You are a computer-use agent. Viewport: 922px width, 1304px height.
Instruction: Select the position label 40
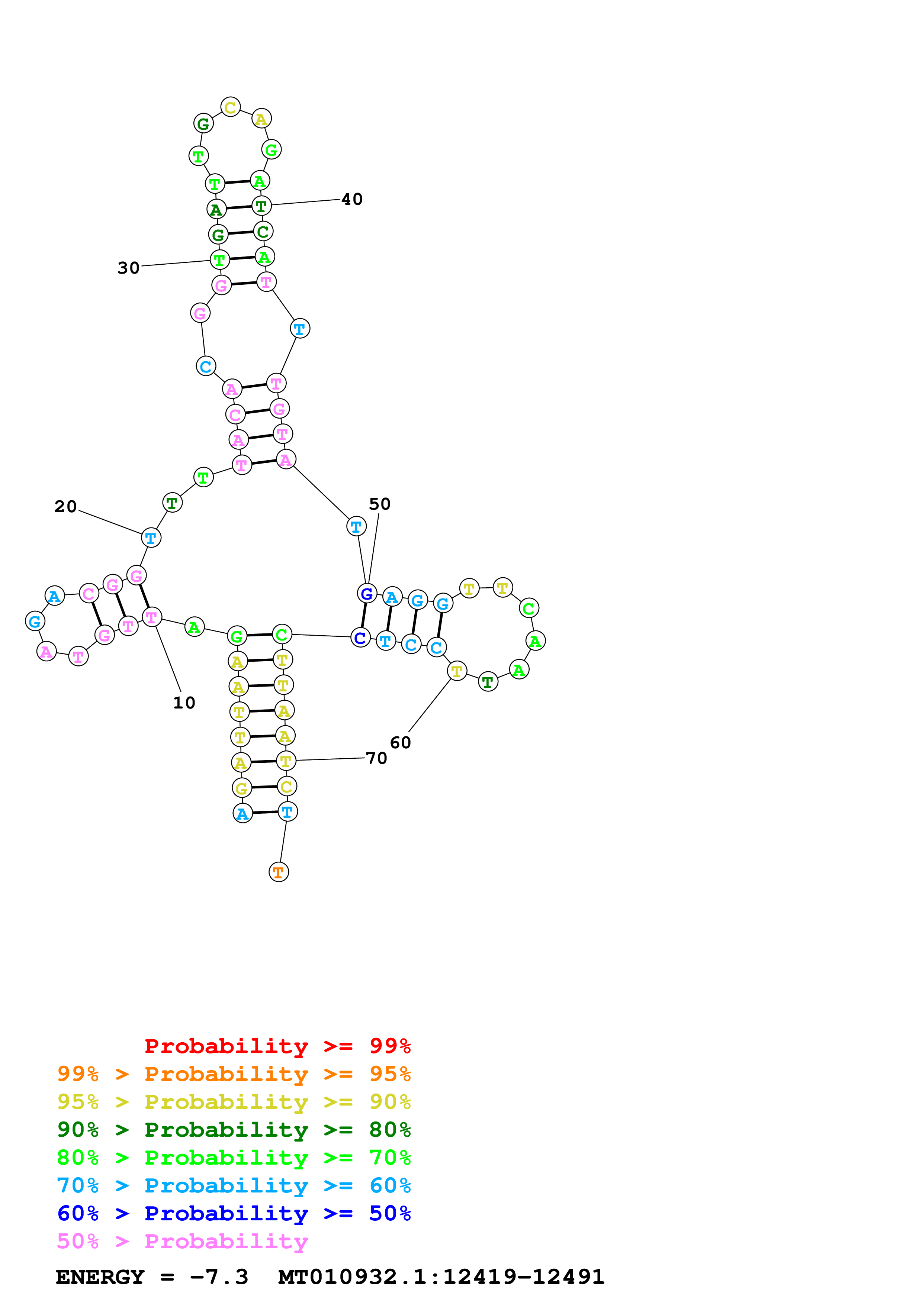point(351,199)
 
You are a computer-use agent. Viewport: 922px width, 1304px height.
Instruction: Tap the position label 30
point(128,268)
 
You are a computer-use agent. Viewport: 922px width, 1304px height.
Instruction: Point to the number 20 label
point(65,507)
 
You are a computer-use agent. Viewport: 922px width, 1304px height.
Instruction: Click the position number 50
point(379,504)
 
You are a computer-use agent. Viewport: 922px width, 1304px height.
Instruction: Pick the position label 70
point(376,758)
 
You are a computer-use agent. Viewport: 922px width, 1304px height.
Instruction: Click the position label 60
point(400,743)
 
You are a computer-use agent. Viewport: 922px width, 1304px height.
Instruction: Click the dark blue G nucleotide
point(367,594)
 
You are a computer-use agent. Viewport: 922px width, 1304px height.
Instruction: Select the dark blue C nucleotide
point(360,638)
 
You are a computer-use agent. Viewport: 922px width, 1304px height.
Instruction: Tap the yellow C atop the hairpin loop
point(230,107)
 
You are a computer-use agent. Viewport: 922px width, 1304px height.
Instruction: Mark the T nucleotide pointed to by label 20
point(151,537)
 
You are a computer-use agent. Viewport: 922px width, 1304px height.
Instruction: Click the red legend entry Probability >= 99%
point(277,1046)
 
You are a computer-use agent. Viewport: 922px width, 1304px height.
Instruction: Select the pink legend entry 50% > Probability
point(182,1242)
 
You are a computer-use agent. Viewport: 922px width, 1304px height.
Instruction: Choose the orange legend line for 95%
point(234,1074)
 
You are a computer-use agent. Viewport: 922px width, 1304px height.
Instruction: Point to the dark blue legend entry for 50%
point(234,1214)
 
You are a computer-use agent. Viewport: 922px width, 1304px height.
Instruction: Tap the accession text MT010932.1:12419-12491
point(441,1277)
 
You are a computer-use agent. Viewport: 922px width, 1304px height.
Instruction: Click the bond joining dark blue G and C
point(364,616)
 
